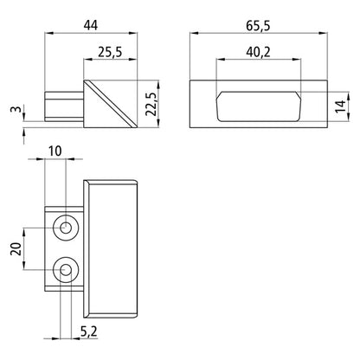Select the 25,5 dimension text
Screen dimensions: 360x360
[x=109, y=53]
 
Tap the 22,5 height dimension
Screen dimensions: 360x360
[x=150, y=102]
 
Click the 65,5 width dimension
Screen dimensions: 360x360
[x=254, y=24]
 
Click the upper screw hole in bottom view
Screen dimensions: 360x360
[x=66, y=228]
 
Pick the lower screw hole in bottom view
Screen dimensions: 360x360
[x=66, y=273]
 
